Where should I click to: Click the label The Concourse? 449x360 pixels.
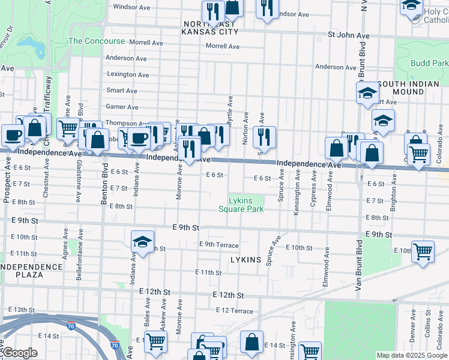coord(97,41)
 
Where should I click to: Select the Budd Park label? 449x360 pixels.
coord(430,63)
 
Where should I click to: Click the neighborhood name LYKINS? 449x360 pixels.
coord(246,260)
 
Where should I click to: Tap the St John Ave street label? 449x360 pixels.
coord(349,35)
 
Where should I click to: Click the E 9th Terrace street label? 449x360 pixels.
coord(219,245)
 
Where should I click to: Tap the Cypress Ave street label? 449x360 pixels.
coord(313,189)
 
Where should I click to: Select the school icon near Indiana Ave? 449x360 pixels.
coord(142,242)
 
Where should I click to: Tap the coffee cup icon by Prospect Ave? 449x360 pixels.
coord(13,136)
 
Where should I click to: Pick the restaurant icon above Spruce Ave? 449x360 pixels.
coord(264,137)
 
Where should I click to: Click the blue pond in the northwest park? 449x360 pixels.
coord(28,44)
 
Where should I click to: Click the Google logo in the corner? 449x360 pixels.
coord(20,353)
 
